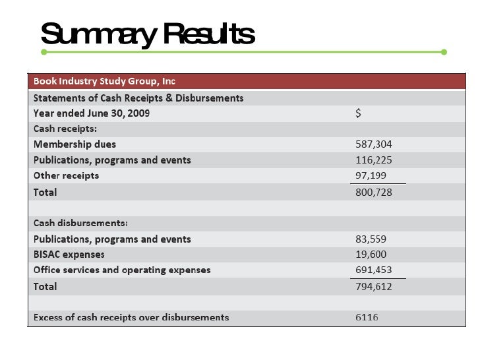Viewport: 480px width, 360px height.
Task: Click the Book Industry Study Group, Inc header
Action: pyautogui.click(x=104, y=82)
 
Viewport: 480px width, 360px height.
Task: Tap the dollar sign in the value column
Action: pyautogui.click(x=359, y=113)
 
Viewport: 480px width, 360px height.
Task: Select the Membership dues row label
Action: pyautogui.click(x=78, y=144)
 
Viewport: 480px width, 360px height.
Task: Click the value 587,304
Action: pyautogui.click(x=374, y=144)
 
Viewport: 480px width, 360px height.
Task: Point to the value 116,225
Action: pyautogui.click(x=374, y=160)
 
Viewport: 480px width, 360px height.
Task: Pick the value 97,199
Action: pyautogui.click(x=371, y=176)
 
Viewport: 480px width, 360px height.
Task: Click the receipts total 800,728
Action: pyautogui.click(x=374, y=192)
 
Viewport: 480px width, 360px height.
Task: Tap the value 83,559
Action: pyautogui.click(x=371, y=239)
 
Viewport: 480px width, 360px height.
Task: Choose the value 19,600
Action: pyautogui.click(x=371, y=255)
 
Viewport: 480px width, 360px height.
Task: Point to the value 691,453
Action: pyautogui.click(x=374, y=270)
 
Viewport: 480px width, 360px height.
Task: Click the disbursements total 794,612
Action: pyautogui.click(x=374, y=287)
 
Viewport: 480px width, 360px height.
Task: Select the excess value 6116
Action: pyautogui.click(x=367, y=318)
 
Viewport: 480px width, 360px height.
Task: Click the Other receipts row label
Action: pyautogui.click(x=67, y=176)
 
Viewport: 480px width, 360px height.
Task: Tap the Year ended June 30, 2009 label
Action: pyautogui.click(x=92, y=113)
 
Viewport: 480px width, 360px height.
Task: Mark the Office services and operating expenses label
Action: pyautogui.click(x=122, y=270)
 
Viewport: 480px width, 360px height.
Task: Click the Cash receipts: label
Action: pyautogui.click(x=65, y=129)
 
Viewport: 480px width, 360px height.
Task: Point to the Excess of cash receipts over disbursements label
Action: pyautogui.click(x=131, y=318)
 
